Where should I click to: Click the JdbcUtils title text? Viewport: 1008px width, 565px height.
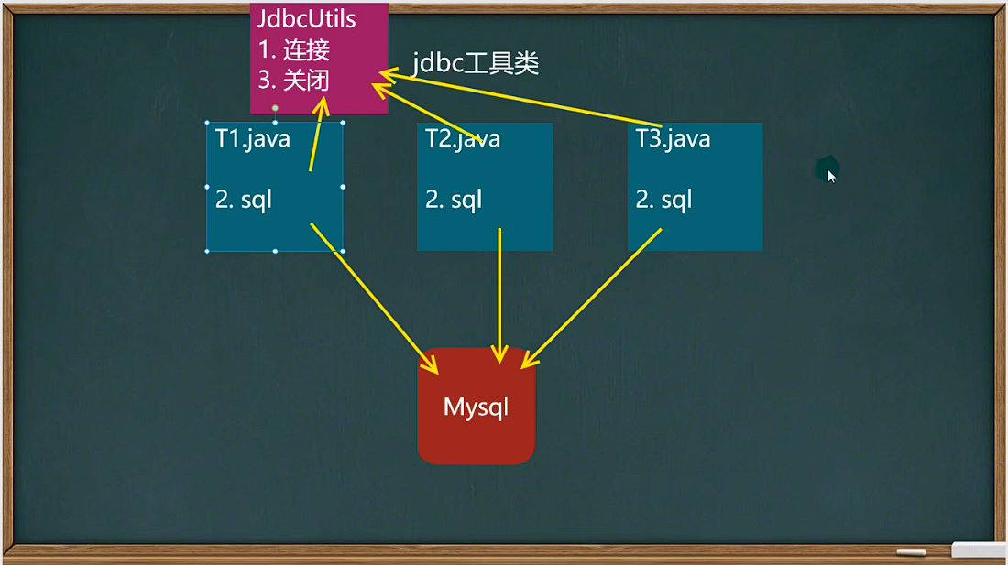tap(307, 19)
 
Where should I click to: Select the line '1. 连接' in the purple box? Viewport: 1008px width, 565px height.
tap(294, 50)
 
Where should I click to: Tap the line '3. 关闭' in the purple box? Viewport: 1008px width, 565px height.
tap(294, 81)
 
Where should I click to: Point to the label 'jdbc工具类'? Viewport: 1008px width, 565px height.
tap(476, 63)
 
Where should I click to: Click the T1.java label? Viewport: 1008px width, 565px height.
tap(253, 138)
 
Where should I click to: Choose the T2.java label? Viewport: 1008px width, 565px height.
tap(463, 138)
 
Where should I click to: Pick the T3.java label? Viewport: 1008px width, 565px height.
tap(673, 138)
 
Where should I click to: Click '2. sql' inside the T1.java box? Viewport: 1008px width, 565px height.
tap(244, 199)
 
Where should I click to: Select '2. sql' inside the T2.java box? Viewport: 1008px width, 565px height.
tap(454, 199)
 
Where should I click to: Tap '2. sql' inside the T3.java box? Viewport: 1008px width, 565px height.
tap(663, 199)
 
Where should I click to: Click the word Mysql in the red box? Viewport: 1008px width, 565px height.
tap(476, 407)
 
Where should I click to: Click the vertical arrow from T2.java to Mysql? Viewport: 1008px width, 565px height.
tap(499, 293)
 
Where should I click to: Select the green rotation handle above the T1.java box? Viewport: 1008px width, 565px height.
tap(274, 107)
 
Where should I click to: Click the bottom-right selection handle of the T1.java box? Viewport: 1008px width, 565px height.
tap(343, 250)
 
